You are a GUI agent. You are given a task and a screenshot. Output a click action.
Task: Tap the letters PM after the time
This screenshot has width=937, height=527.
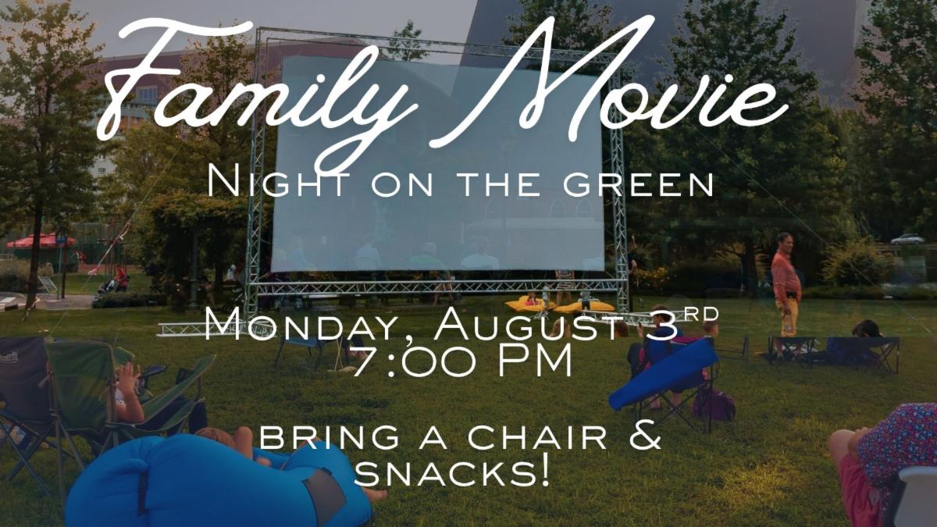tap(535, 361)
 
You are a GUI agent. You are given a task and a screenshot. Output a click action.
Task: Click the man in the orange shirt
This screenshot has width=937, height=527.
tap(786, 284)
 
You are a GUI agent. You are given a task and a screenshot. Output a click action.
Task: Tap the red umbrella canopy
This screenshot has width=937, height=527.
tap(41, 241)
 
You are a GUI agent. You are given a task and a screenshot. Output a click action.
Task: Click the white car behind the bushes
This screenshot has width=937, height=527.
tap(907, 239)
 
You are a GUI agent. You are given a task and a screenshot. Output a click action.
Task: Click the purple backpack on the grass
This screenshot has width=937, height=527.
tap(714, 404)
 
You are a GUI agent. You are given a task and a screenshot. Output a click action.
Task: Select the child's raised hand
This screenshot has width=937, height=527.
tap(128, 376)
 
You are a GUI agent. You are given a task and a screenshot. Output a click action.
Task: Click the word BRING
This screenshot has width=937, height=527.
tap(330, 438)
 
